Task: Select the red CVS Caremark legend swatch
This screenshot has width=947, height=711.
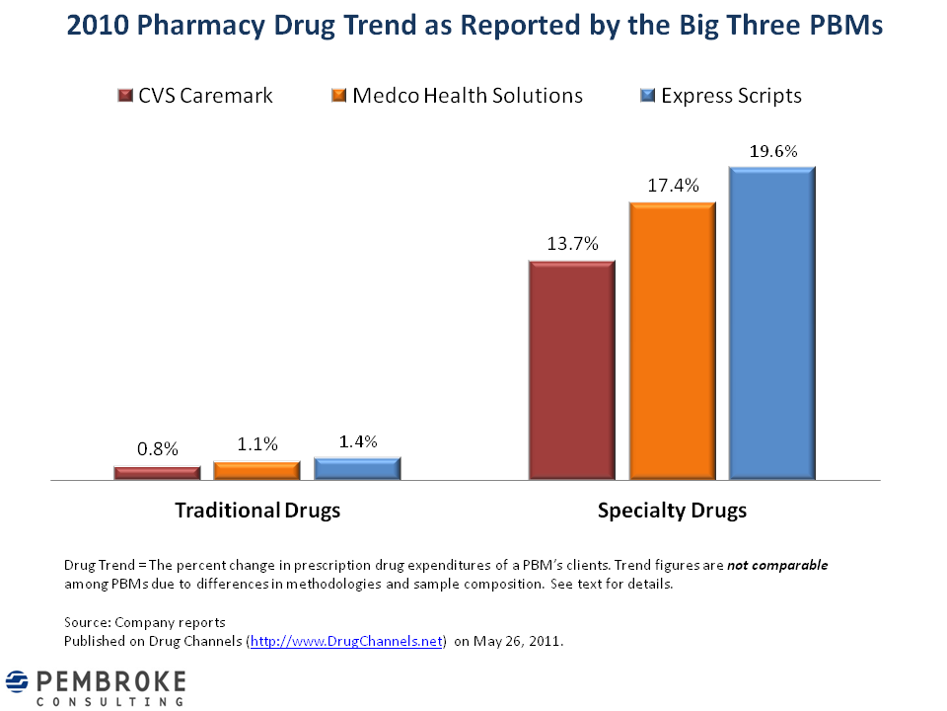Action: click(x=124, y=96)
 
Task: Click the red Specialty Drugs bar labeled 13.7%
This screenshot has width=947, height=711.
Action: click(x=572, y=371)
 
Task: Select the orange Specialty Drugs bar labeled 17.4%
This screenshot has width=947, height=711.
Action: click(x=673, y=342)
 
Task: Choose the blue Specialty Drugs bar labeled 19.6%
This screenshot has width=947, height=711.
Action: click(x=772, y=324)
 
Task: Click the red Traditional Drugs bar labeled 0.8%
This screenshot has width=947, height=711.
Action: click(x=157, y=473)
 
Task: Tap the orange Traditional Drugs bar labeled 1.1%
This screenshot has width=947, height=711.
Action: click(x=256, y=470)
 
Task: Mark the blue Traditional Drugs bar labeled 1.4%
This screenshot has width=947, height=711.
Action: click(x=357, y=468)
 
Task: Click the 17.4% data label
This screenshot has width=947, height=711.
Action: click(x=673, y=186)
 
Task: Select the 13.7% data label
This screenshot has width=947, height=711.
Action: click(x=573, y=245)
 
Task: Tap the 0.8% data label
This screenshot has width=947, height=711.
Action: click(x=158, y=449)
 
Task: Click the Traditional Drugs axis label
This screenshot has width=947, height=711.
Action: click(x=257, y=511)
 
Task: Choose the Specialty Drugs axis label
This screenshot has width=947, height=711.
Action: click(x=672, y=511)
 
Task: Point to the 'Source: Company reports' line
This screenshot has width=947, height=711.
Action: click(x=145, y=622)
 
